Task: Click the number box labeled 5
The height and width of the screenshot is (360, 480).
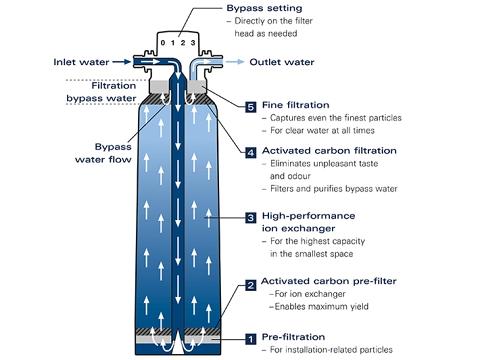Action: pos(251,106)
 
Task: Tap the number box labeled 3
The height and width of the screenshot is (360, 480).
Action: pos(251,217)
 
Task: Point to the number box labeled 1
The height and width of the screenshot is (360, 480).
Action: pos(251,339)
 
